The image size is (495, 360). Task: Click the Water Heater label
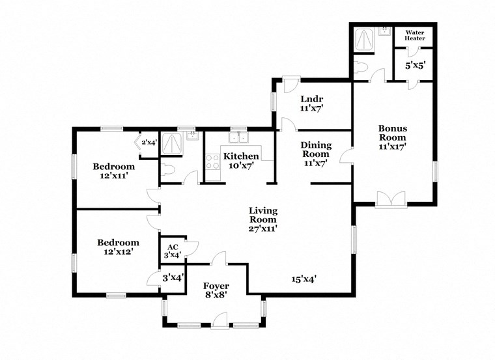tap(415, 35)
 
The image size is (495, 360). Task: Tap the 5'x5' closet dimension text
tap(415, 66)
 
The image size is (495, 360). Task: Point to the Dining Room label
tap(316, 154)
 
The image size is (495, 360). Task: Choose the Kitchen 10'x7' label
tap(241, 161)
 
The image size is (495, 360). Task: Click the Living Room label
tap(263, 219)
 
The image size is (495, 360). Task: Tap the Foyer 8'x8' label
tap(216, 290)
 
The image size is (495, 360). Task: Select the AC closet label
tap(173, 251)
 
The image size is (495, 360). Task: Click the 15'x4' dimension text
tap(304, 279)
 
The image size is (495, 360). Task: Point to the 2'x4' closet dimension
tap(149, 143)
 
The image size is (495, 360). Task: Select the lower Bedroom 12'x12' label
tap(118, 247)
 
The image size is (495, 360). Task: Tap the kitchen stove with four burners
tap(212, 161)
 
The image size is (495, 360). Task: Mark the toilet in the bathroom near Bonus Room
tap(361, 66)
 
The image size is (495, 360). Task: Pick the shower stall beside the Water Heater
tap(363, 41)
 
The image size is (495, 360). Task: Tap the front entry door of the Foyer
tap(220, 320)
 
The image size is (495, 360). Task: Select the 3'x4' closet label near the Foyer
tap(173, 277)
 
